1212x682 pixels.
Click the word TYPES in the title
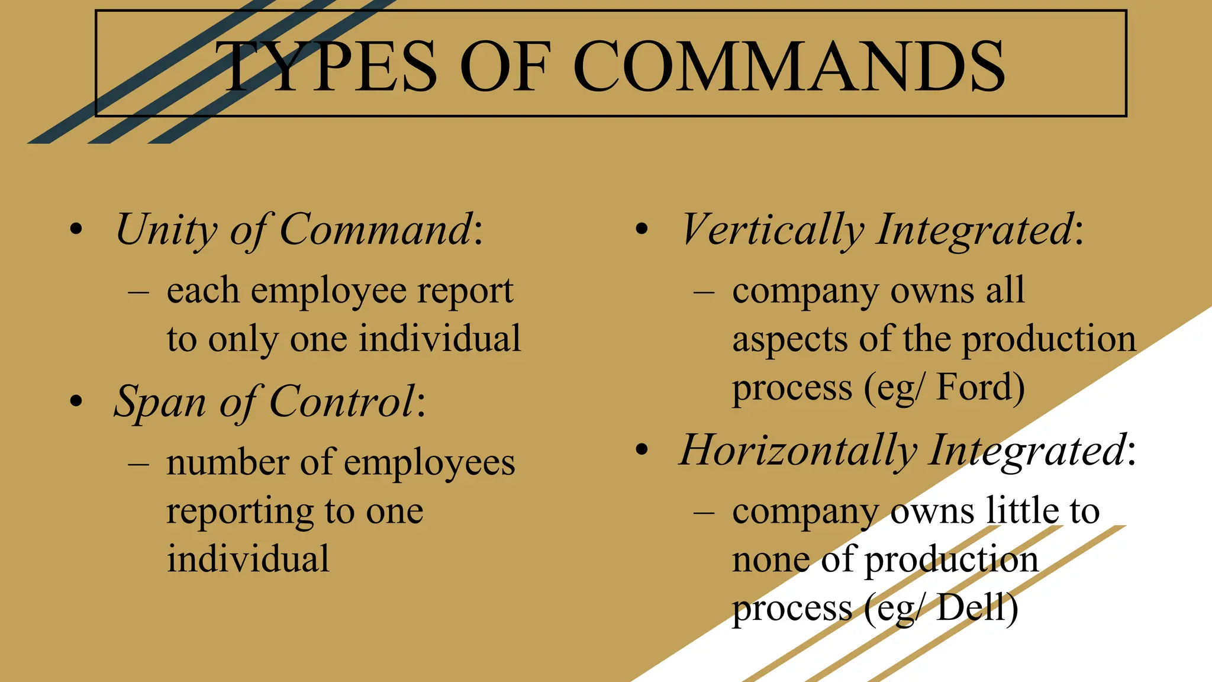click(325, 66)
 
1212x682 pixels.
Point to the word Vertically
click(772, 230)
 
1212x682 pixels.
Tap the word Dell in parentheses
click(977, 609)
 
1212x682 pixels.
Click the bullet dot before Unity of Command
click(76, 230)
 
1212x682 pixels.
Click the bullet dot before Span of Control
click(76, 402)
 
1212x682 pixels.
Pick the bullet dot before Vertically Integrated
click(642, 230)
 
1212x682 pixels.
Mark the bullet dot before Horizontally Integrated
click(642, 451)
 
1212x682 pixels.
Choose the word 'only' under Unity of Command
click(243, 341)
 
